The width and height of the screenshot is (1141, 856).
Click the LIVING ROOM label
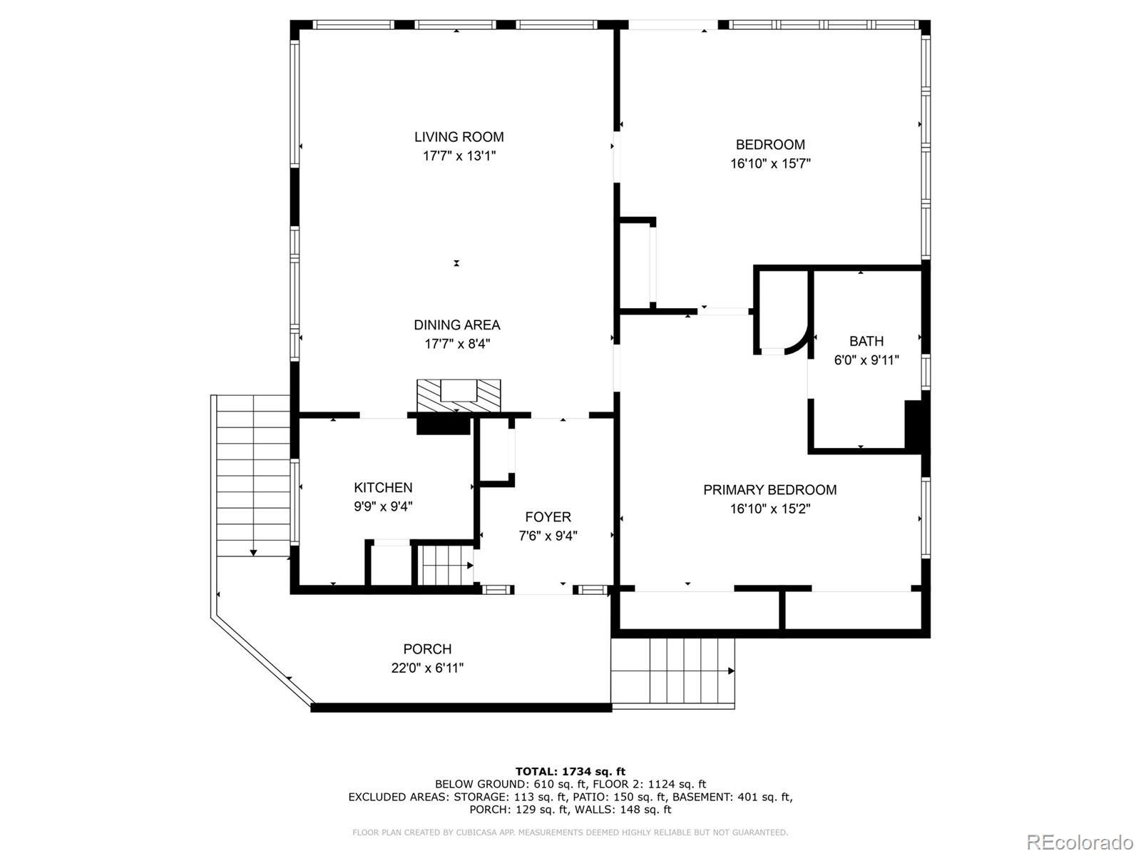point(459,137)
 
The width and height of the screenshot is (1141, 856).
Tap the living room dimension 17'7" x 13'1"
point(459,156)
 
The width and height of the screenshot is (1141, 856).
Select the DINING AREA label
point(457,325)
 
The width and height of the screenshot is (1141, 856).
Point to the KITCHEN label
point(383,487)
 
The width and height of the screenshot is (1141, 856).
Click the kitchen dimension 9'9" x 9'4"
point(383,506)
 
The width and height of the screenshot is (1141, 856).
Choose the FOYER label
point(548,516)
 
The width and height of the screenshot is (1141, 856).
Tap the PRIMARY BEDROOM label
point(770,489)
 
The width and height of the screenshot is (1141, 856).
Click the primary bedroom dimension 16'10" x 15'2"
point(770,509)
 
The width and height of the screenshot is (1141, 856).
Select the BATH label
point(866,341)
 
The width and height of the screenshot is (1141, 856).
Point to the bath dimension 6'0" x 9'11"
point(866,360)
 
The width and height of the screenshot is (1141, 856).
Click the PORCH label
point(427,649)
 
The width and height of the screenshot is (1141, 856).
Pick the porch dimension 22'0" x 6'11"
point(427,668)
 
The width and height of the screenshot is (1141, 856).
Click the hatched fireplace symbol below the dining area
point(459,396)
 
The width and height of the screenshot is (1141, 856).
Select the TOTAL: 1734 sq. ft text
point(570,771)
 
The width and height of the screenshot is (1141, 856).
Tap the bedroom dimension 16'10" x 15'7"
point(770,163)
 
